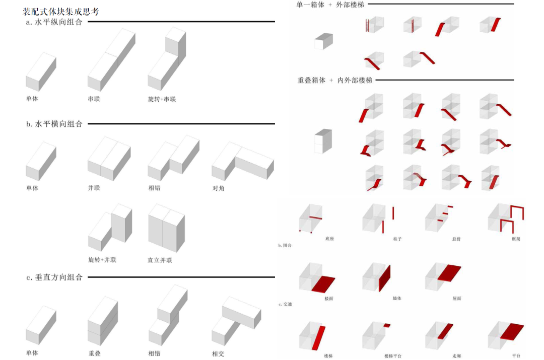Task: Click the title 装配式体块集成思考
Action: click(x=61, y=11)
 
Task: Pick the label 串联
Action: click(x=94, y=99)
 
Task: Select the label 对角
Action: click(x=218, y=189)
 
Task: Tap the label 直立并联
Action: click(x=160, y=260)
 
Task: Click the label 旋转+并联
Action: click(x=102, y=260)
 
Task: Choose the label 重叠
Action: click(x=94, y=353)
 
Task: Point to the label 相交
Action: click(x=218, y=353)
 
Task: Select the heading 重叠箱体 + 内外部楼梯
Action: click(x=334, y=81)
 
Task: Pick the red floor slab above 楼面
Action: click(x=323, y=284)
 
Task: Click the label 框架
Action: click(x=515, y=239)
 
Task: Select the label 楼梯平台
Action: click(x=393, y=356)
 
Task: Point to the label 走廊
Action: click(x=456, y=356)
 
